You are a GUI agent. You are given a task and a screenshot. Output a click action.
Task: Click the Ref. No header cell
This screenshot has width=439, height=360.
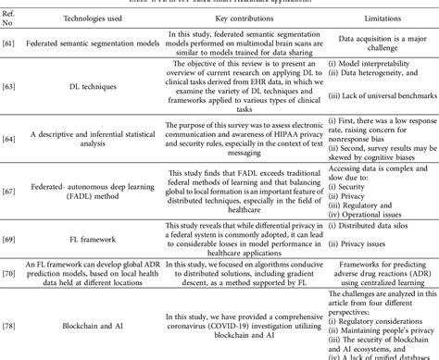(x=12, y=18)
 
